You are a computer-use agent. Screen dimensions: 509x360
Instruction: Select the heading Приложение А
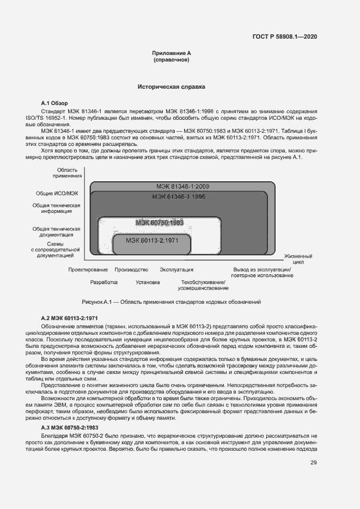172,53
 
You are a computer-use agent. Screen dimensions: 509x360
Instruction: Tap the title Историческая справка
172,87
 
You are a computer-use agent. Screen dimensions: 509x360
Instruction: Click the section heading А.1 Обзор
55,103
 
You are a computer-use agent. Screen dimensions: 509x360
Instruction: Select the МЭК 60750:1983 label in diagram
160,223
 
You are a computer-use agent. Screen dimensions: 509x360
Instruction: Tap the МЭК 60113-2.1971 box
151,240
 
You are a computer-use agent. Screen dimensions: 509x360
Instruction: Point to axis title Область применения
68,173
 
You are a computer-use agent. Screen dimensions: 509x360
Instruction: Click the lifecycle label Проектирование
88,269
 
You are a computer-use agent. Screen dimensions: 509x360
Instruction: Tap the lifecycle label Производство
131,269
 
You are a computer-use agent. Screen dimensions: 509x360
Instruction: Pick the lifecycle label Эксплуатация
176,269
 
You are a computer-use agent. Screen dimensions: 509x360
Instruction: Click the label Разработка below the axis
104,283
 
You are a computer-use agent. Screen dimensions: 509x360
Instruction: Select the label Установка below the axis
148,283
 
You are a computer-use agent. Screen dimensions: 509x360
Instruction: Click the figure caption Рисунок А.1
172,301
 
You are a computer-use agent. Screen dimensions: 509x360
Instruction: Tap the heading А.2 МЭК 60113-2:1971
70,317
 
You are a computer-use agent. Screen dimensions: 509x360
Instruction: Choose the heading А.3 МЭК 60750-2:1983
70,427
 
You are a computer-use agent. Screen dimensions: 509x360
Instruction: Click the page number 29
313,463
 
